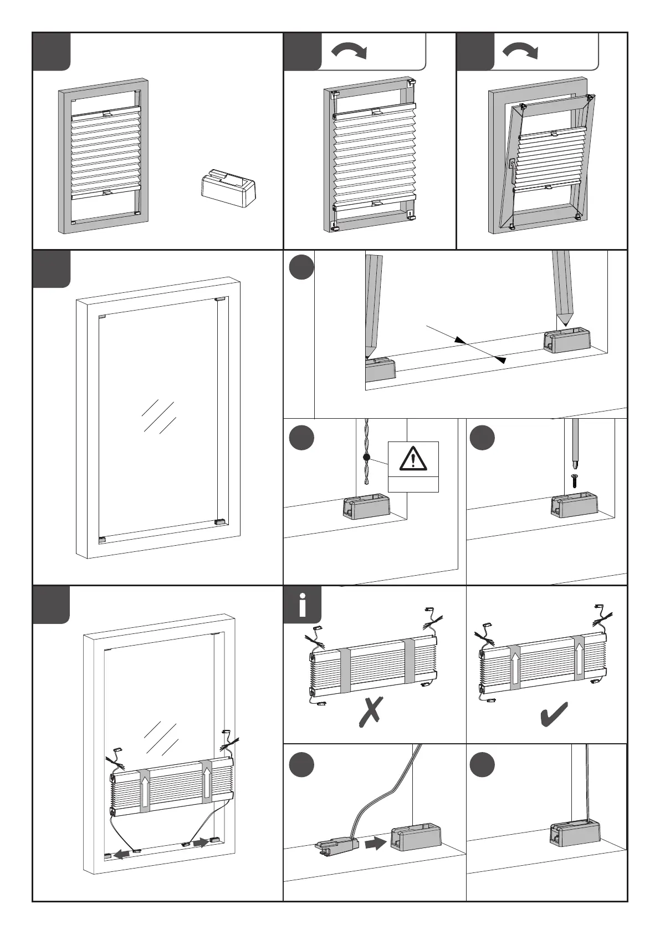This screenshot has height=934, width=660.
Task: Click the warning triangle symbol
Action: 413,459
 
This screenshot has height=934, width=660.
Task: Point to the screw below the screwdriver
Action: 575,480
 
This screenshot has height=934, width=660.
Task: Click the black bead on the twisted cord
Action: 366,458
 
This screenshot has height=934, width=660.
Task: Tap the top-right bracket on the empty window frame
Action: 221,300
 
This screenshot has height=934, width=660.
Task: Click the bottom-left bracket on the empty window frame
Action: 101,539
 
